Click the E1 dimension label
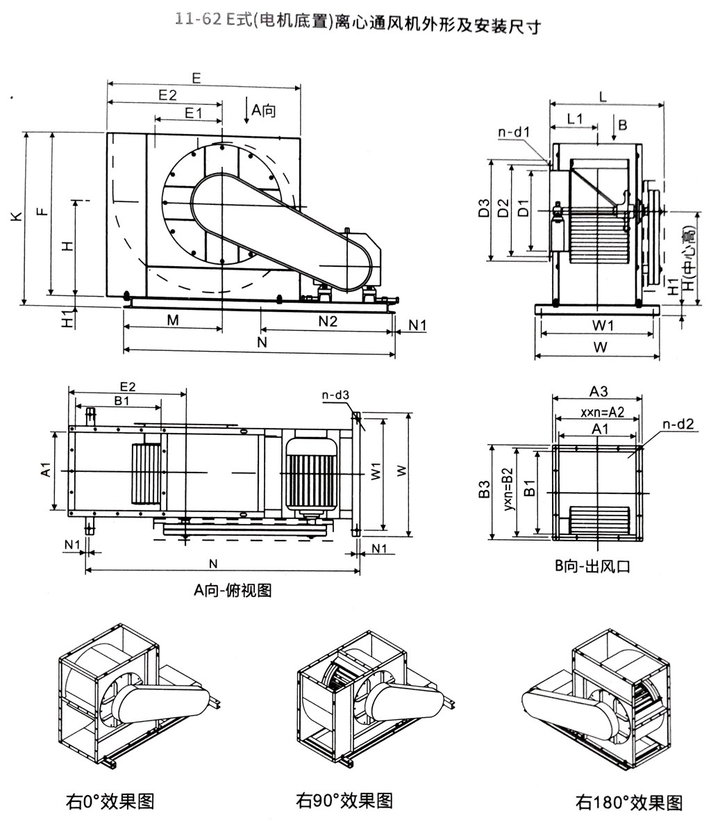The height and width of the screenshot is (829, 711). click(192, 112)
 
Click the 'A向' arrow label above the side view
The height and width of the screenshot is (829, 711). click(263, 110)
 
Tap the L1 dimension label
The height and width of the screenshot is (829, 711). click(574, 118)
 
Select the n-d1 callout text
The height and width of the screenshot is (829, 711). click(514, 131)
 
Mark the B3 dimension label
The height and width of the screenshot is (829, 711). click(484, 492)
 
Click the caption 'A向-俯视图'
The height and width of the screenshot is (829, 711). click(233, 591)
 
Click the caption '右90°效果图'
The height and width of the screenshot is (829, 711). click(344, 800)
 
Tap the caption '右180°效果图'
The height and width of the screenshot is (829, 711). click(629, 802)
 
